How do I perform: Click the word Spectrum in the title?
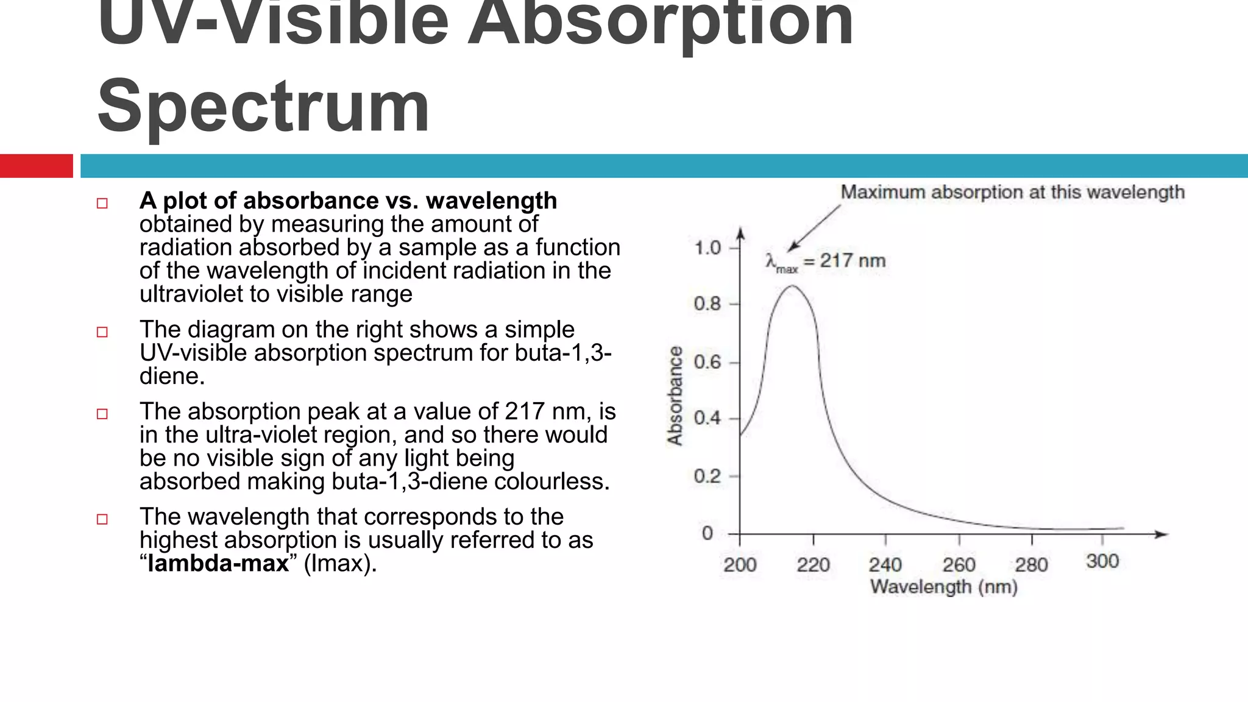pos(263,107)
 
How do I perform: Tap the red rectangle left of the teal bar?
pos(36,166)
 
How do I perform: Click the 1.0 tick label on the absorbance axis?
pos(707,248)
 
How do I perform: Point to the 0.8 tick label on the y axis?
pos(707,303)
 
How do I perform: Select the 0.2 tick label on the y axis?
pos(707,476)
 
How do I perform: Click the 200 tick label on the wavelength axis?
pos(740,565)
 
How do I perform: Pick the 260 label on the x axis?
pos(959,565)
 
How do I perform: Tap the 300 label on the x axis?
pos(1102,561)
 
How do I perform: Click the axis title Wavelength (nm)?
pos(943,587)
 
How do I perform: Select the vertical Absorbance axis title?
pos(675,395)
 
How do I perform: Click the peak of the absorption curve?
pos(791,286)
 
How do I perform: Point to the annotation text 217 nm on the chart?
pos(852,261)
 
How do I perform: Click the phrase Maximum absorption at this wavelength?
pos(1012,192)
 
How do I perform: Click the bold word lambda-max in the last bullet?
pos(218,563)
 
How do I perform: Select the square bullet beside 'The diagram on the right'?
pos(102,332)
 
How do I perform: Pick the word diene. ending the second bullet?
pos(172,376)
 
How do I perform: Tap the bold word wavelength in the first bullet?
pos(491,200)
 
